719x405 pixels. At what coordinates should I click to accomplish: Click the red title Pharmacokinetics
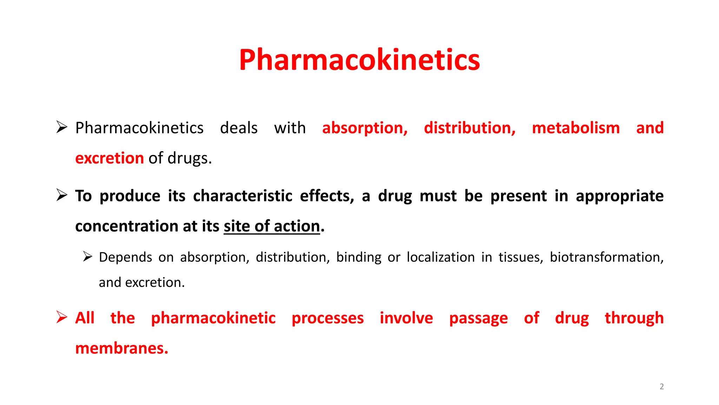359,60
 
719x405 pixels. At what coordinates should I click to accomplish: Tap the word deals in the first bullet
239,128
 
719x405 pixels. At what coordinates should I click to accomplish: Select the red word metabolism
576,128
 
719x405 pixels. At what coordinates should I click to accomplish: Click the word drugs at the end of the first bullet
189,159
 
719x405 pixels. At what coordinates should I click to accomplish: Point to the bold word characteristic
243,196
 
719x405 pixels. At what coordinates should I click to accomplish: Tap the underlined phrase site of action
272,226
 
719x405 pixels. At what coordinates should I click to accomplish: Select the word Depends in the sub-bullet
125,258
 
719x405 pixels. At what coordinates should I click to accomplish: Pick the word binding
358,258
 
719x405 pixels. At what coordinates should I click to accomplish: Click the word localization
441,257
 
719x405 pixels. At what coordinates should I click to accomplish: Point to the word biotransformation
606,257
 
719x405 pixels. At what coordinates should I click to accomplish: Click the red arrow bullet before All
62,317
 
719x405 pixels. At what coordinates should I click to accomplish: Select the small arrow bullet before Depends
87,257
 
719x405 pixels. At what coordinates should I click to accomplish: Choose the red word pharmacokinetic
213,318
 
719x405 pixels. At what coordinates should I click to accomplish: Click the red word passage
478,319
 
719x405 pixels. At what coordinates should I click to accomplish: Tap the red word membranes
121,348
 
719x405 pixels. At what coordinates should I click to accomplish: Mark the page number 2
661,387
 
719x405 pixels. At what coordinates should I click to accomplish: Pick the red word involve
406,318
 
